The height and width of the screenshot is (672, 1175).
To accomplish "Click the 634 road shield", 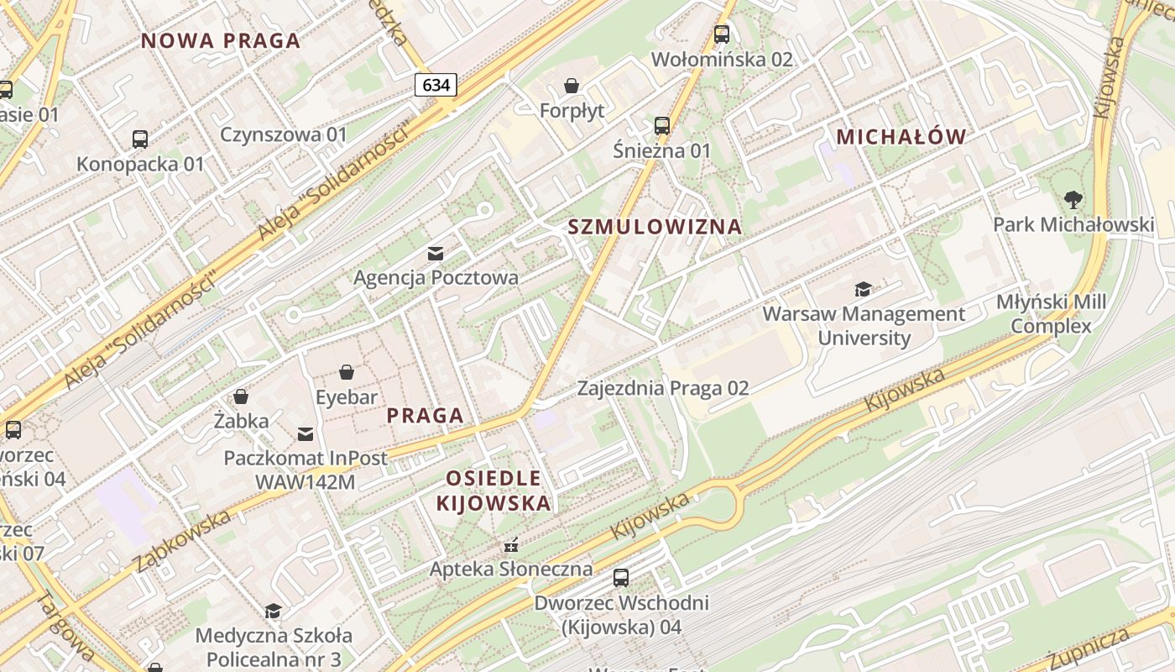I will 436,85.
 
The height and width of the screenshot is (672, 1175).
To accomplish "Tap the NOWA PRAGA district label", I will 221,40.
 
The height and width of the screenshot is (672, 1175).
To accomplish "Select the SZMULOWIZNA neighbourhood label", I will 655,226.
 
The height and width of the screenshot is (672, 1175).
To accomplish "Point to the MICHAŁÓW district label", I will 901,136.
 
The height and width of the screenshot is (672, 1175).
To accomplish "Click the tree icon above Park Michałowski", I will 1073,200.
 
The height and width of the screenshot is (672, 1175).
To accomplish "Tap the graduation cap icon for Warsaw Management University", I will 863,290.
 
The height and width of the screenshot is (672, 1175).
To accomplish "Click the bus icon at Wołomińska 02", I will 722,34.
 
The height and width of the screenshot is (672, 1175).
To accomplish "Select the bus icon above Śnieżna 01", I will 662,126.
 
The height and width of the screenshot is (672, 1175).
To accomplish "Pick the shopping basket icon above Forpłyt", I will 572,86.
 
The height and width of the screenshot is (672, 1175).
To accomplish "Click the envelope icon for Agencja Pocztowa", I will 436,253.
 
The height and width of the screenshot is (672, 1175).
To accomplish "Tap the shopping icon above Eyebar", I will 347,372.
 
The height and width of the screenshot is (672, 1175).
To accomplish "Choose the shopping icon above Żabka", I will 241,396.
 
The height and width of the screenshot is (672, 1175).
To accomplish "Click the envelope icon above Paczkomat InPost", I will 305,434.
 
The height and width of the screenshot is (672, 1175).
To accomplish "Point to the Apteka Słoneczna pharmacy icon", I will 510,545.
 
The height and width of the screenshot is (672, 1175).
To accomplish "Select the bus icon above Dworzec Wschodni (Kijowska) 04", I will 621,578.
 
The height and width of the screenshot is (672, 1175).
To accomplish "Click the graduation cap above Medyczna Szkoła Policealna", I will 273,611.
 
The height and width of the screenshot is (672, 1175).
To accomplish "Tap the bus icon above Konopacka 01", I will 140,139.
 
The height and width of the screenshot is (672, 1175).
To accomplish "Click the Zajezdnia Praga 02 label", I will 663,388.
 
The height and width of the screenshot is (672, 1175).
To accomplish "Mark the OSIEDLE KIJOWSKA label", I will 493,491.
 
